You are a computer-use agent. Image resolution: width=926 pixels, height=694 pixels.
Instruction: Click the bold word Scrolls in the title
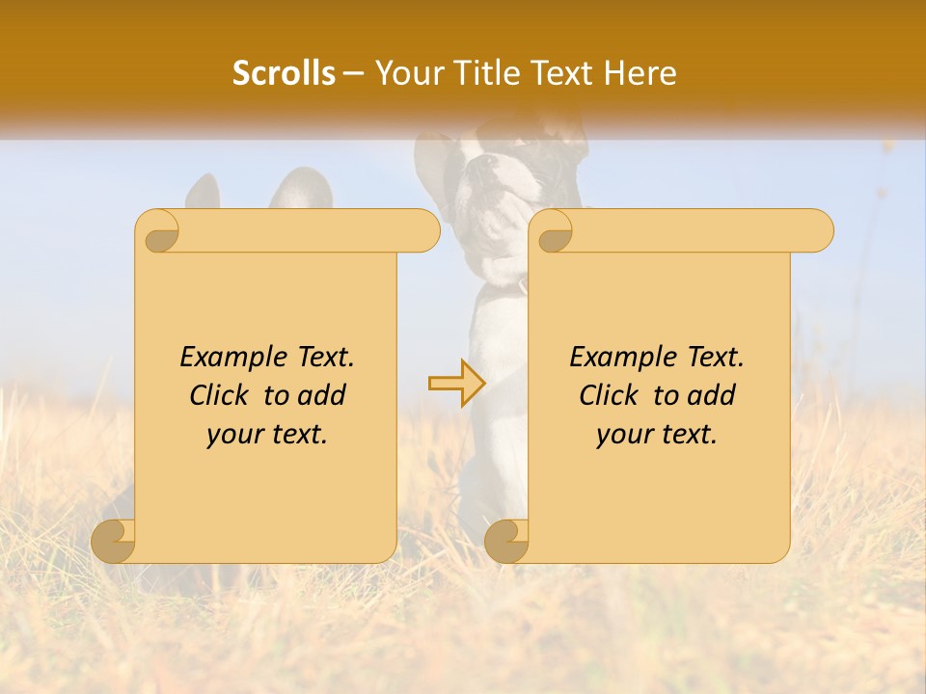[285, 73]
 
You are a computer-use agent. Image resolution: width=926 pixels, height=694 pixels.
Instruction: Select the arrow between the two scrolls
[457, 384]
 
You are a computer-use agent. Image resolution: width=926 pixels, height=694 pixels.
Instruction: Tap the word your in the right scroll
[622, 434]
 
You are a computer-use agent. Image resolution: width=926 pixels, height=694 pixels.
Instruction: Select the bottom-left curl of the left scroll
[114, 540]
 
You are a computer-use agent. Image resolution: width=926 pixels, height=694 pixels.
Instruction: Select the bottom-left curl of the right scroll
[507, 540]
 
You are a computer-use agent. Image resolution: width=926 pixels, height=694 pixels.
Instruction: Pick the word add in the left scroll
[323, 395]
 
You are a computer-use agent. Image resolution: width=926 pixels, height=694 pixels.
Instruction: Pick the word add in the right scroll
[713, 395]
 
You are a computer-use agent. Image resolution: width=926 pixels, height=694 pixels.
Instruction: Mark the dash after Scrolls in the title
[354, 74]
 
